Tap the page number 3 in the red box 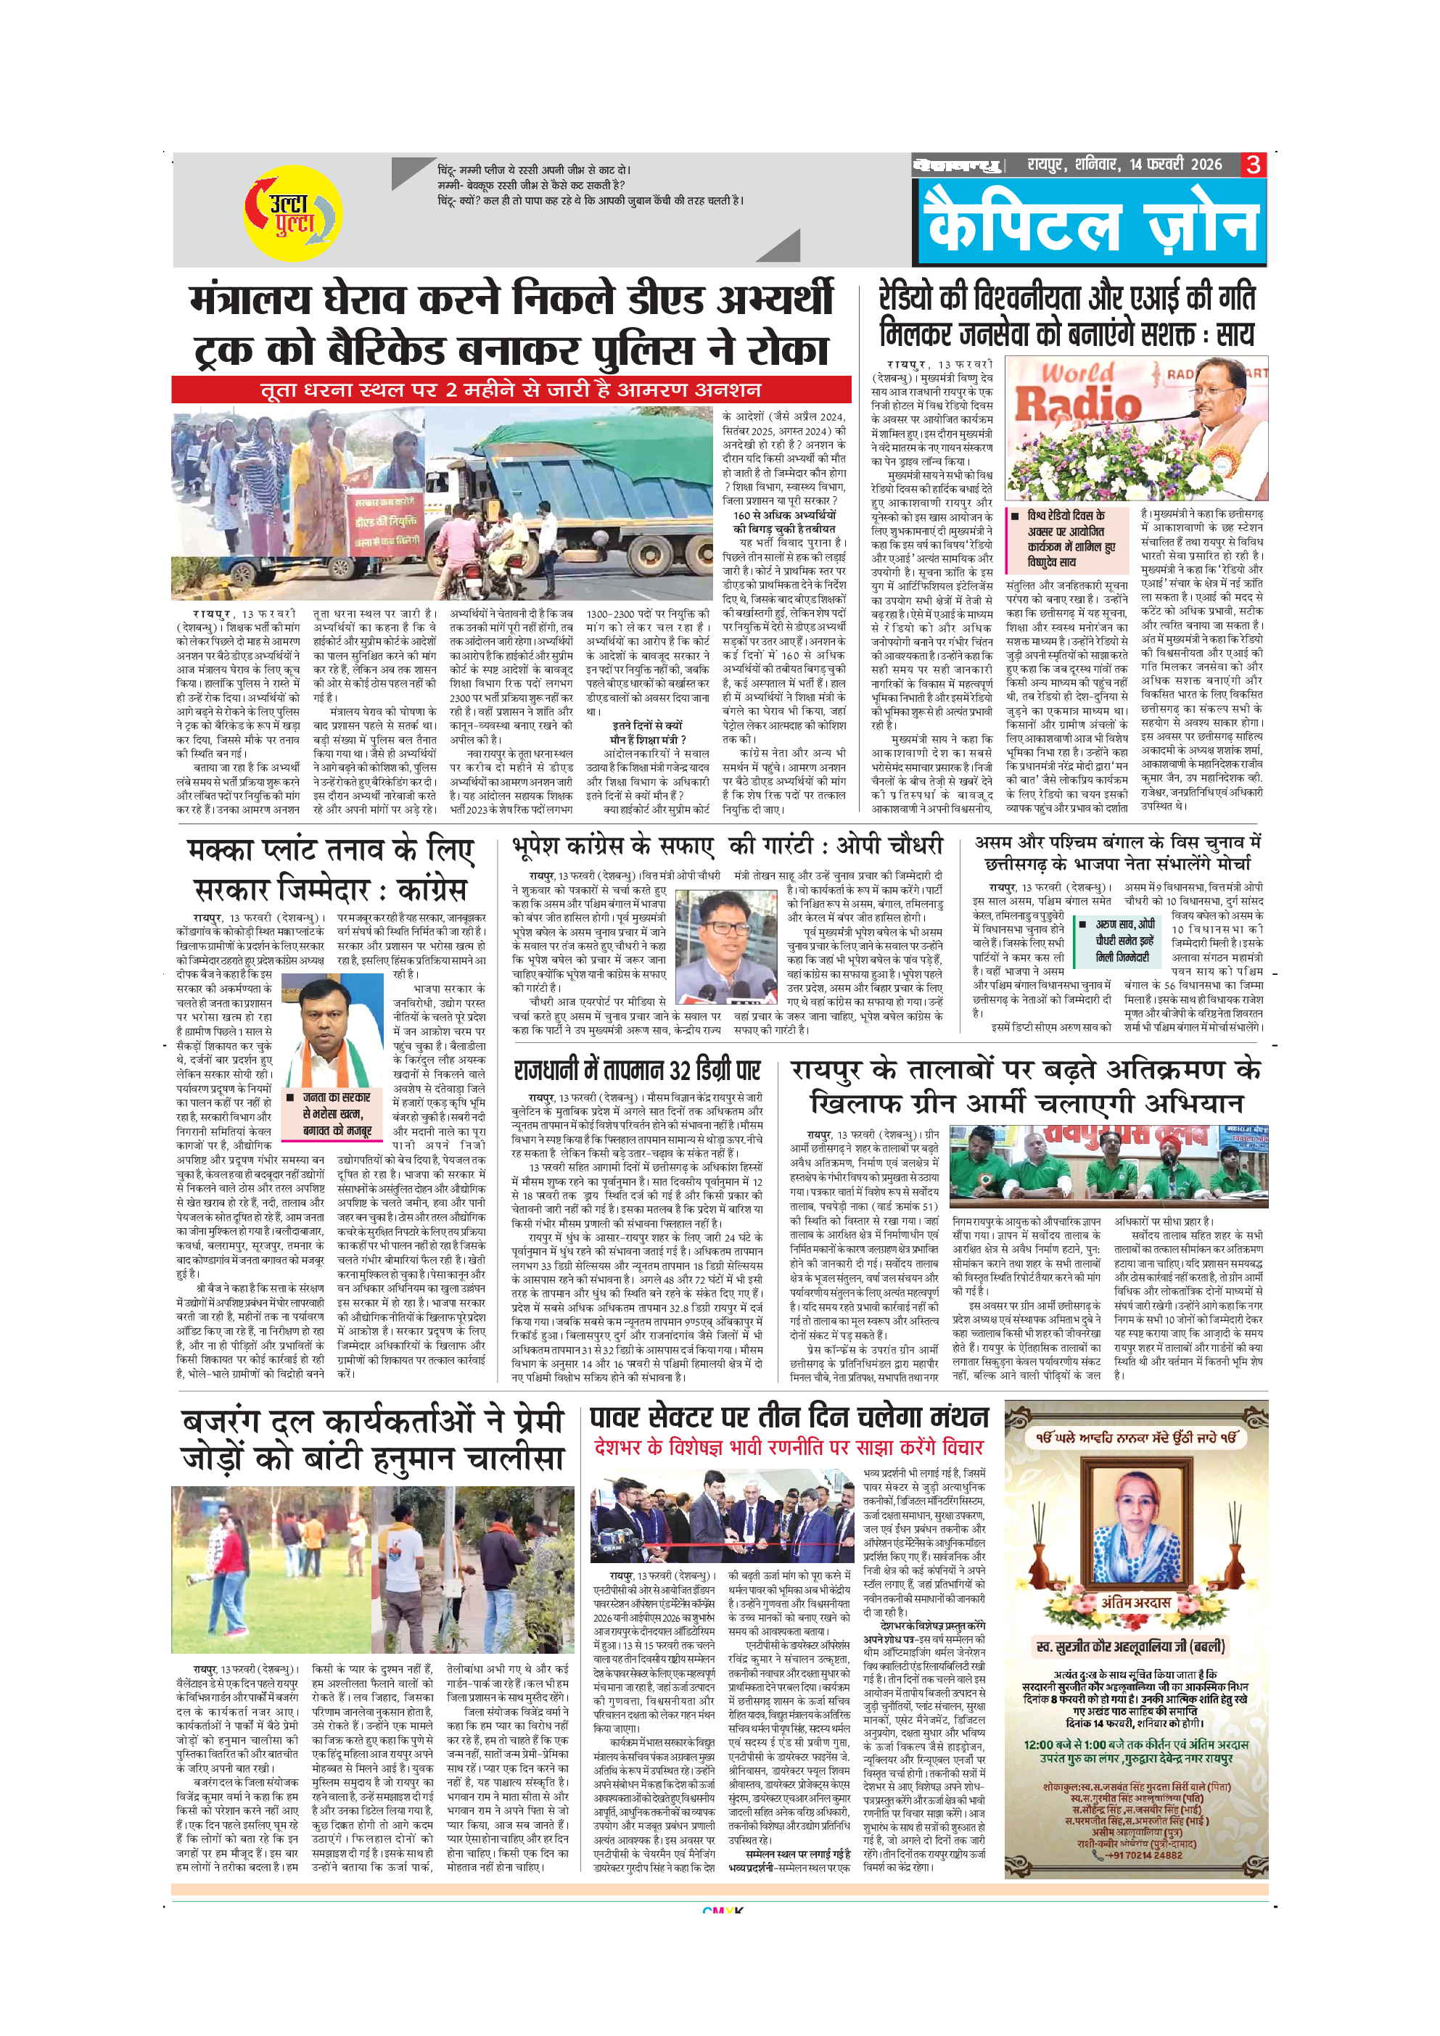click(x=1253, y=164)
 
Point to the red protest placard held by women click(x=387, y=522)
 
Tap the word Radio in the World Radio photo click(x=1077, y=403)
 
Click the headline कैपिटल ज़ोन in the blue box click(x=1092, y=224)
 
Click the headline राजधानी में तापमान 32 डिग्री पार click(x=637, y=1068)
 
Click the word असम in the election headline click(x=997, y=842)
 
